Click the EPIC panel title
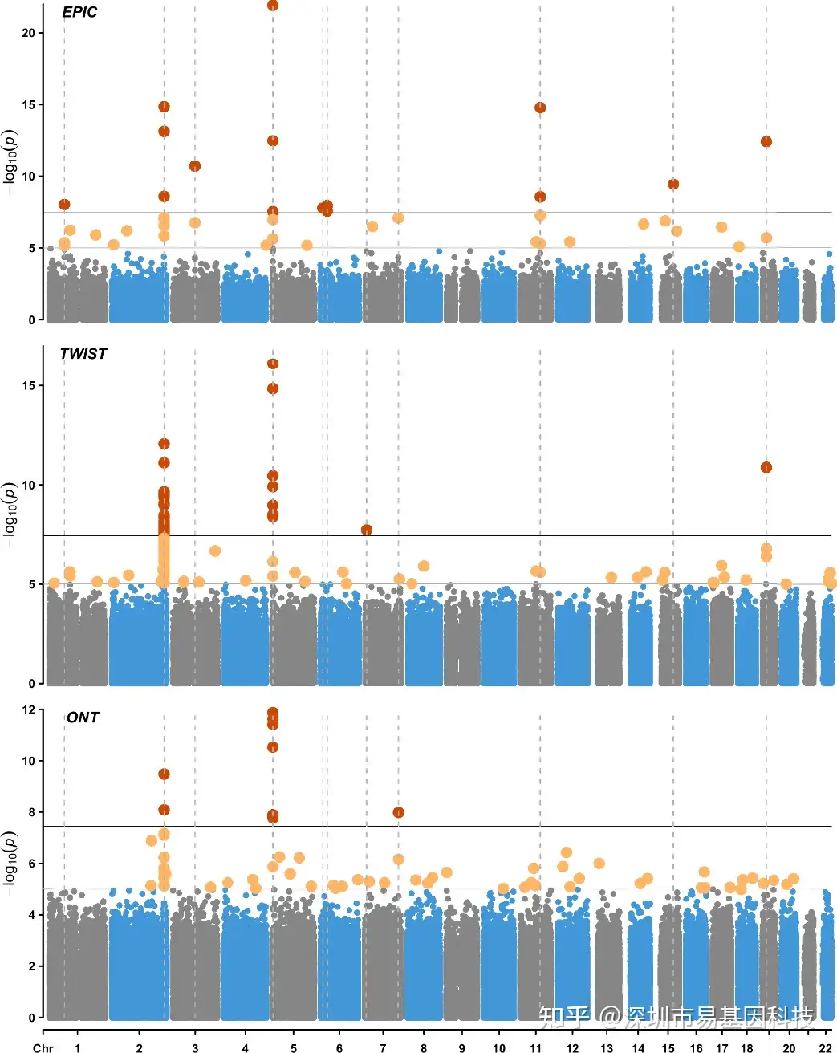(x=79, y=12)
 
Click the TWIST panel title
(x=83, y=354)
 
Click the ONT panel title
(x=83, y=718)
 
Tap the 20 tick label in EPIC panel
(x=29, y=33)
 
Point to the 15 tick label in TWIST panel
(x=29, y=386)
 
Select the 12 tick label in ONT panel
(x=29, y=709)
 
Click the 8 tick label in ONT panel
(x=30, y=812)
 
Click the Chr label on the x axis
(x=43, y=1047)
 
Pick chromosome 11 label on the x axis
(x=536, y=1047)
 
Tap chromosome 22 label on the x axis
(x=825, y=1047)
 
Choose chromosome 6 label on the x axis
(x=339, y=1047)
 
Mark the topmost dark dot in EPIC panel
(x=273, y=6)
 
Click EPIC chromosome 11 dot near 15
(x=540, y=108)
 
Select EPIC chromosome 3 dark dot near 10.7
(x=195, y=166)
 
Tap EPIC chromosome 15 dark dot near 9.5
(x=673, y=184)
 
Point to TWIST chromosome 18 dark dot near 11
(x=766, y=467)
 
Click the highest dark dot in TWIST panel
(x=273, y=364)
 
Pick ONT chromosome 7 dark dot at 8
(x=399, y=812)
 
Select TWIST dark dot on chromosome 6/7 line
(x=367, y=530)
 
